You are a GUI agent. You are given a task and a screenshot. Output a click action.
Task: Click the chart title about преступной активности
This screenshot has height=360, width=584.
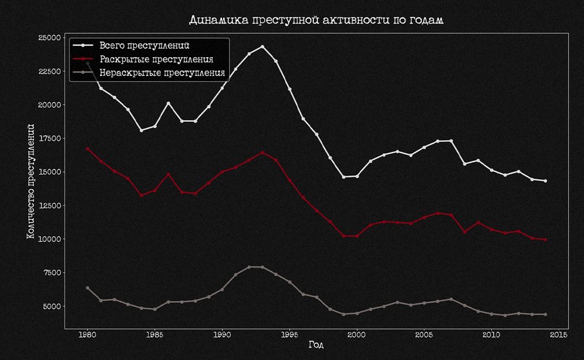(316, 19)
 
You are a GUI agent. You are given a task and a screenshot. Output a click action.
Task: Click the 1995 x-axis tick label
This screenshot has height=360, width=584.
(289, 335)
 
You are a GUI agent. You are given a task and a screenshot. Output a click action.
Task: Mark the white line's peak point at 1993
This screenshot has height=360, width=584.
(262, 47)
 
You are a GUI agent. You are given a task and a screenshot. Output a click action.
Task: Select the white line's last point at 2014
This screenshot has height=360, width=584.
(546, 181)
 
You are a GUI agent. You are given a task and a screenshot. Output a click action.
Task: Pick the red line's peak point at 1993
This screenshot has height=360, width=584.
(262, 152)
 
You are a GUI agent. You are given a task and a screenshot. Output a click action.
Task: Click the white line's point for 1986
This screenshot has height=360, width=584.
(168, 103)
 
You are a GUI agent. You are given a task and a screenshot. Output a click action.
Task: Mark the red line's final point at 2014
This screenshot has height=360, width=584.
(546, 239)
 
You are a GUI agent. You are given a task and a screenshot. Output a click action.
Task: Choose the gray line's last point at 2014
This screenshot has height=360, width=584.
(546, 315)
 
